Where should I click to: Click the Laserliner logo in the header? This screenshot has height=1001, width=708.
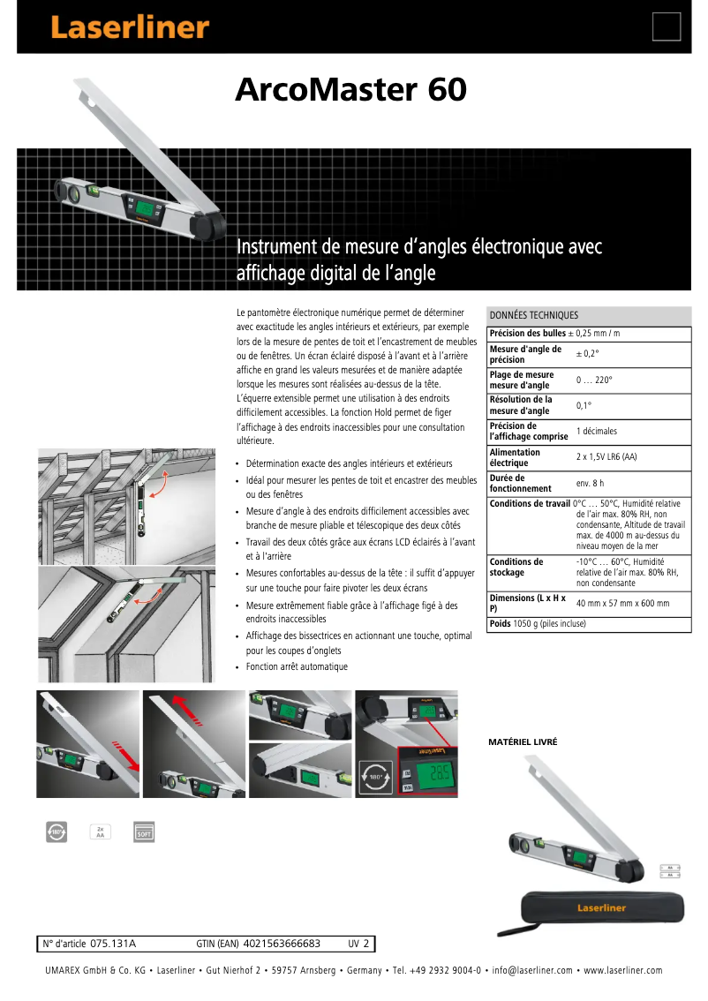(129, 27)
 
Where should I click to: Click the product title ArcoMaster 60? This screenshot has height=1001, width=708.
(350, 90)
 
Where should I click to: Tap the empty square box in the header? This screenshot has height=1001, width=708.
(666, 26)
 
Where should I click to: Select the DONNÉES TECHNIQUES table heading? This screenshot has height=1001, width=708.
(534, 315)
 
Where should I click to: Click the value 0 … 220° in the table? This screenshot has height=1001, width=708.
(594, 380)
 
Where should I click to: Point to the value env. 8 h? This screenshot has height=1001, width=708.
(591, 483)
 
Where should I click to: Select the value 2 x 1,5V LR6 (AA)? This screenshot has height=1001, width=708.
(606, 457)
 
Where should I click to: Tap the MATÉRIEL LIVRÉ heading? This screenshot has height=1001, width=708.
(523, 742)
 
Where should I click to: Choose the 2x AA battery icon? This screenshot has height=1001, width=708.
(100, 831)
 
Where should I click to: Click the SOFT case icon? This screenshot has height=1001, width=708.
(143, 831)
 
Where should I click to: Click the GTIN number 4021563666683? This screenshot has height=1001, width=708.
(282, 944)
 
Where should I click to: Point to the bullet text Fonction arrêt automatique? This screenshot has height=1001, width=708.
(297, 666)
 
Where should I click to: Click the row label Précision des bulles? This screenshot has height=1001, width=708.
(527, 333)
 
